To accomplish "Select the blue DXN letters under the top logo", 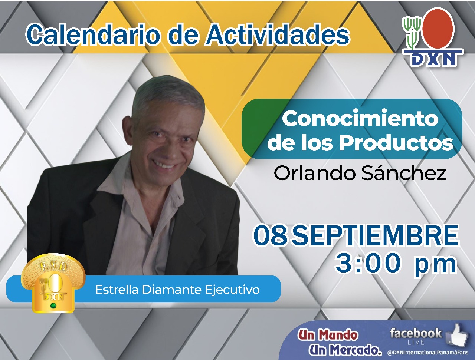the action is pos(433,60).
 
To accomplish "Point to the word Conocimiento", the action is pos(360,119).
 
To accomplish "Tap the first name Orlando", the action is pos(315,173).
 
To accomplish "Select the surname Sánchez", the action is pos(404,173).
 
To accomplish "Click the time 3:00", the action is pos(368,264).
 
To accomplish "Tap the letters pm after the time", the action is pos(435,266).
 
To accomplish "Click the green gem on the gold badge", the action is pos(53,306).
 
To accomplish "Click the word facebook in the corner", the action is pos(416,333).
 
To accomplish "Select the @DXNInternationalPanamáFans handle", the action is pos(428,353).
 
